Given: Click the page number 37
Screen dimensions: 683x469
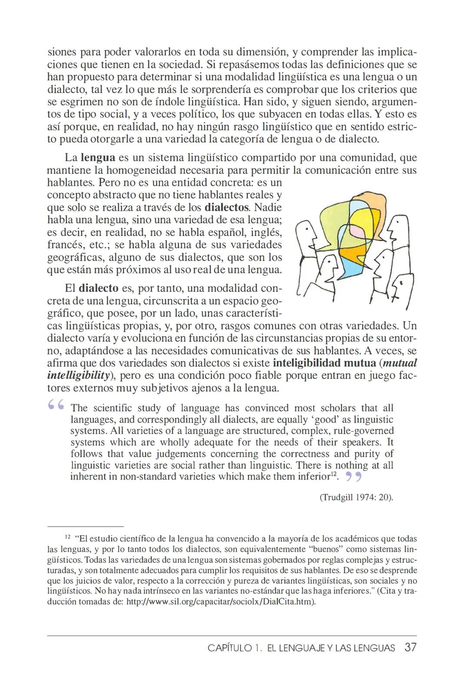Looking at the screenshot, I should click(410, 647).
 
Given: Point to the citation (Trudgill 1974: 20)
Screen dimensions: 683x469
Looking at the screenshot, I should click(357, 497).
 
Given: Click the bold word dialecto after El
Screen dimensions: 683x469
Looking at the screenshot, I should click(99, 288).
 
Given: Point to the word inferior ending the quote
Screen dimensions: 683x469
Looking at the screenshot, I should click(316, 477).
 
